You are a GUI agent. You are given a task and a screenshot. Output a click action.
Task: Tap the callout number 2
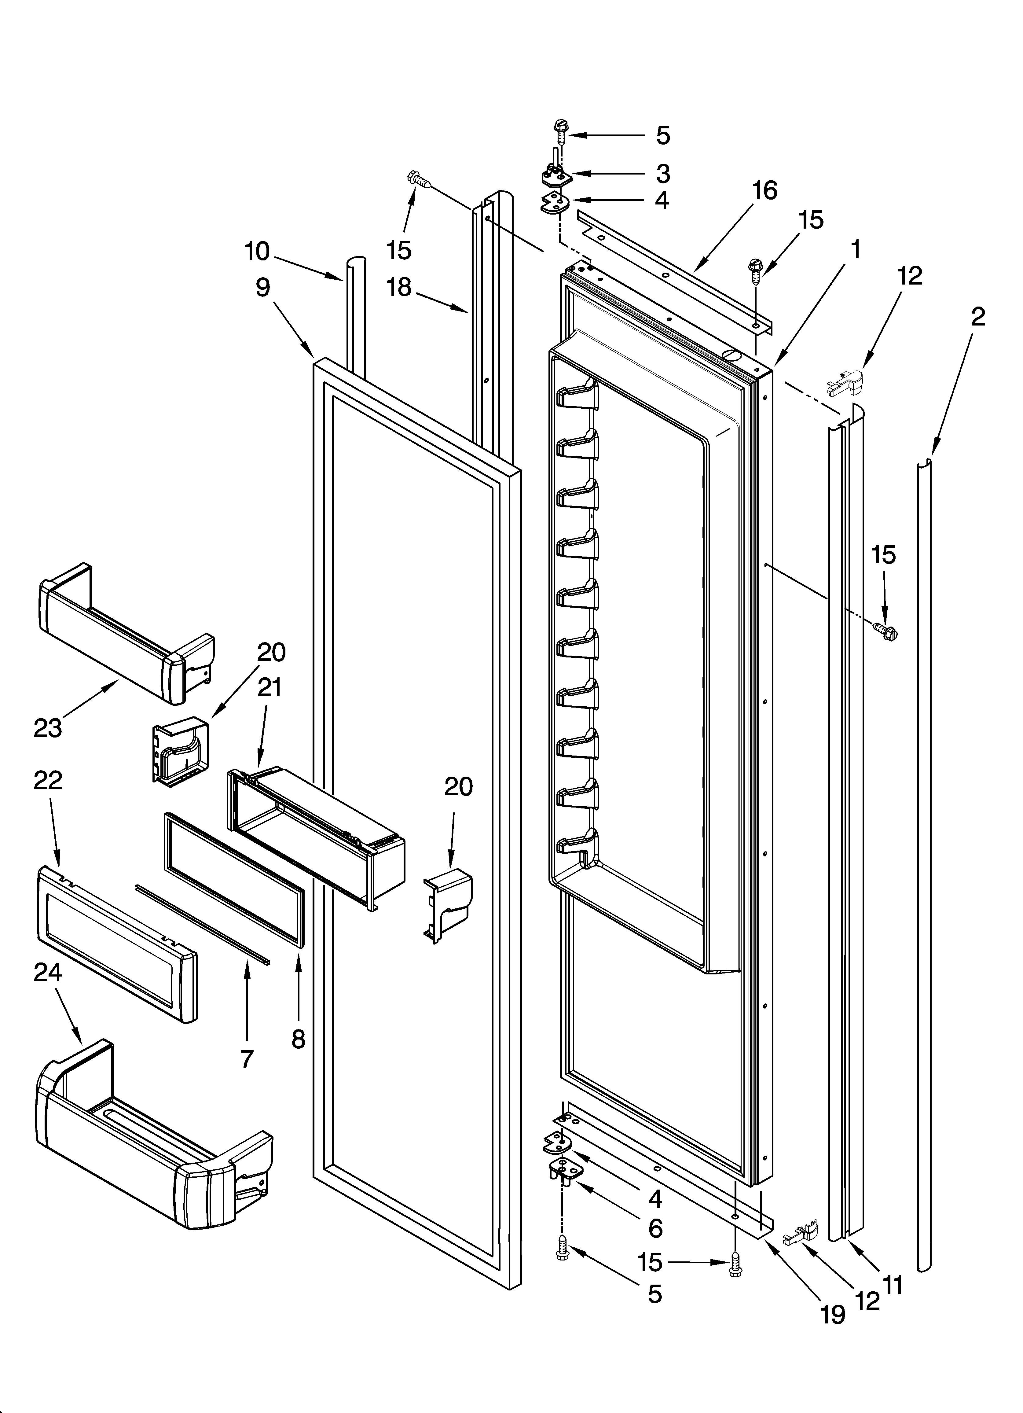pyautogui.click(x=977, y=317)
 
